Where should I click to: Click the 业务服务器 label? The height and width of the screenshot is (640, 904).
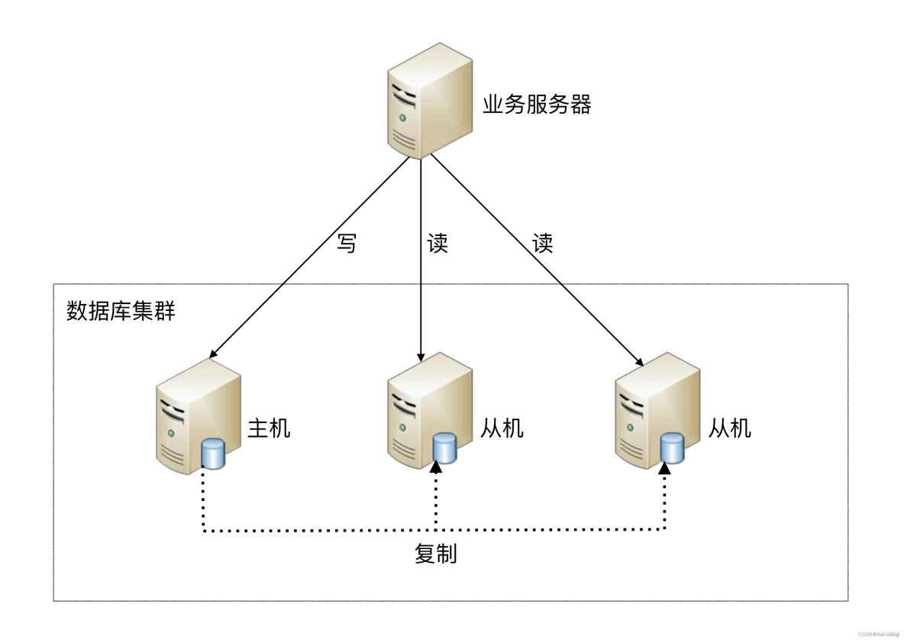(x=537, y=105)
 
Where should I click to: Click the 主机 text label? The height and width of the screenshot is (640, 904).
(x=269, y=428)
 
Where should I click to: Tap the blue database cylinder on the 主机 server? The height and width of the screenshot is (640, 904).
(x=214, y=454)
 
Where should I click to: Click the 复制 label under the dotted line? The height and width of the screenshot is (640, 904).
(x=436, y=554)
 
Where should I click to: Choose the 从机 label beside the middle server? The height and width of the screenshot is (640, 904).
(x=502, y=428)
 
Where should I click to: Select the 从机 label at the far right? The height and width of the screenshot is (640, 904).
(x=730, y=428)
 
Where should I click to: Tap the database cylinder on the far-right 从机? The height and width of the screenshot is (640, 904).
(x=672, y=448)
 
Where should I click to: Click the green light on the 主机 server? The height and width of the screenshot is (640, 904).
(x=172, y=433)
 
